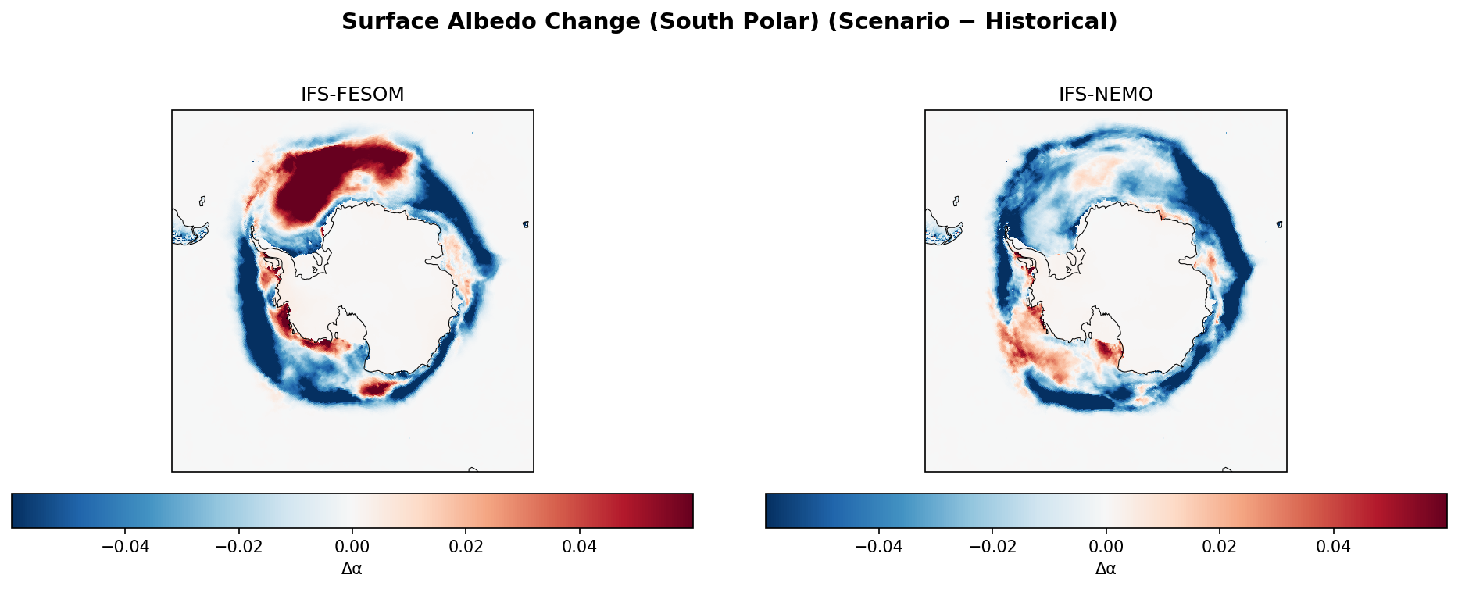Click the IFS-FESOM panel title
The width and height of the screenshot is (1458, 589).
tap(352, 95)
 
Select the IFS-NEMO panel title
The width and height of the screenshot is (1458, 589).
tap(1106, 95)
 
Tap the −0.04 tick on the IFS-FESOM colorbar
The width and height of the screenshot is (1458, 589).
tap(126, 546)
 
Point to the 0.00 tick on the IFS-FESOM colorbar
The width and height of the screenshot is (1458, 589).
tap(352, 546)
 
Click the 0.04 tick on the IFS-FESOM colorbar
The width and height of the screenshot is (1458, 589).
tap(580, 546)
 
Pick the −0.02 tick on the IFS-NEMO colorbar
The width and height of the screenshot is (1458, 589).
tap(992, 546)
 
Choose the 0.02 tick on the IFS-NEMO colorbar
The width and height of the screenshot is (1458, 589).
tap(1220, 546)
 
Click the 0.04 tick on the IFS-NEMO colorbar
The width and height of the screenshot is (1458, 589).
tap(1333, 546)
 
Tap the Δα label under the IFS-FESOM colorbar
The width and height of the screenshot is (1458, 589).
tap(352, 569)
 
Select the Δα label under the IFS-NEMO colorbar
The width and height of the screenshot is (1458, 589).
tap(1106, 569)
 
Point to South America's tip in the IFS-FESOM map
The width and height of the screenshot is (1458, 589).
tap(188, 233)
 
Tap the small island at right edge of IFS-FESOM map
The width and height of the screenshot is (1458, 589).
tap(526, 224)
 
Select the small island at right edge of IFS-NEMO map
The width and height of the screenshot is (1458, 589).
tap(1279, 224)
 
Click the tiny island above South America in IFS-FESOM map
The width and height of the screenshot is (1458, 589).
tap(202, 201)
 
